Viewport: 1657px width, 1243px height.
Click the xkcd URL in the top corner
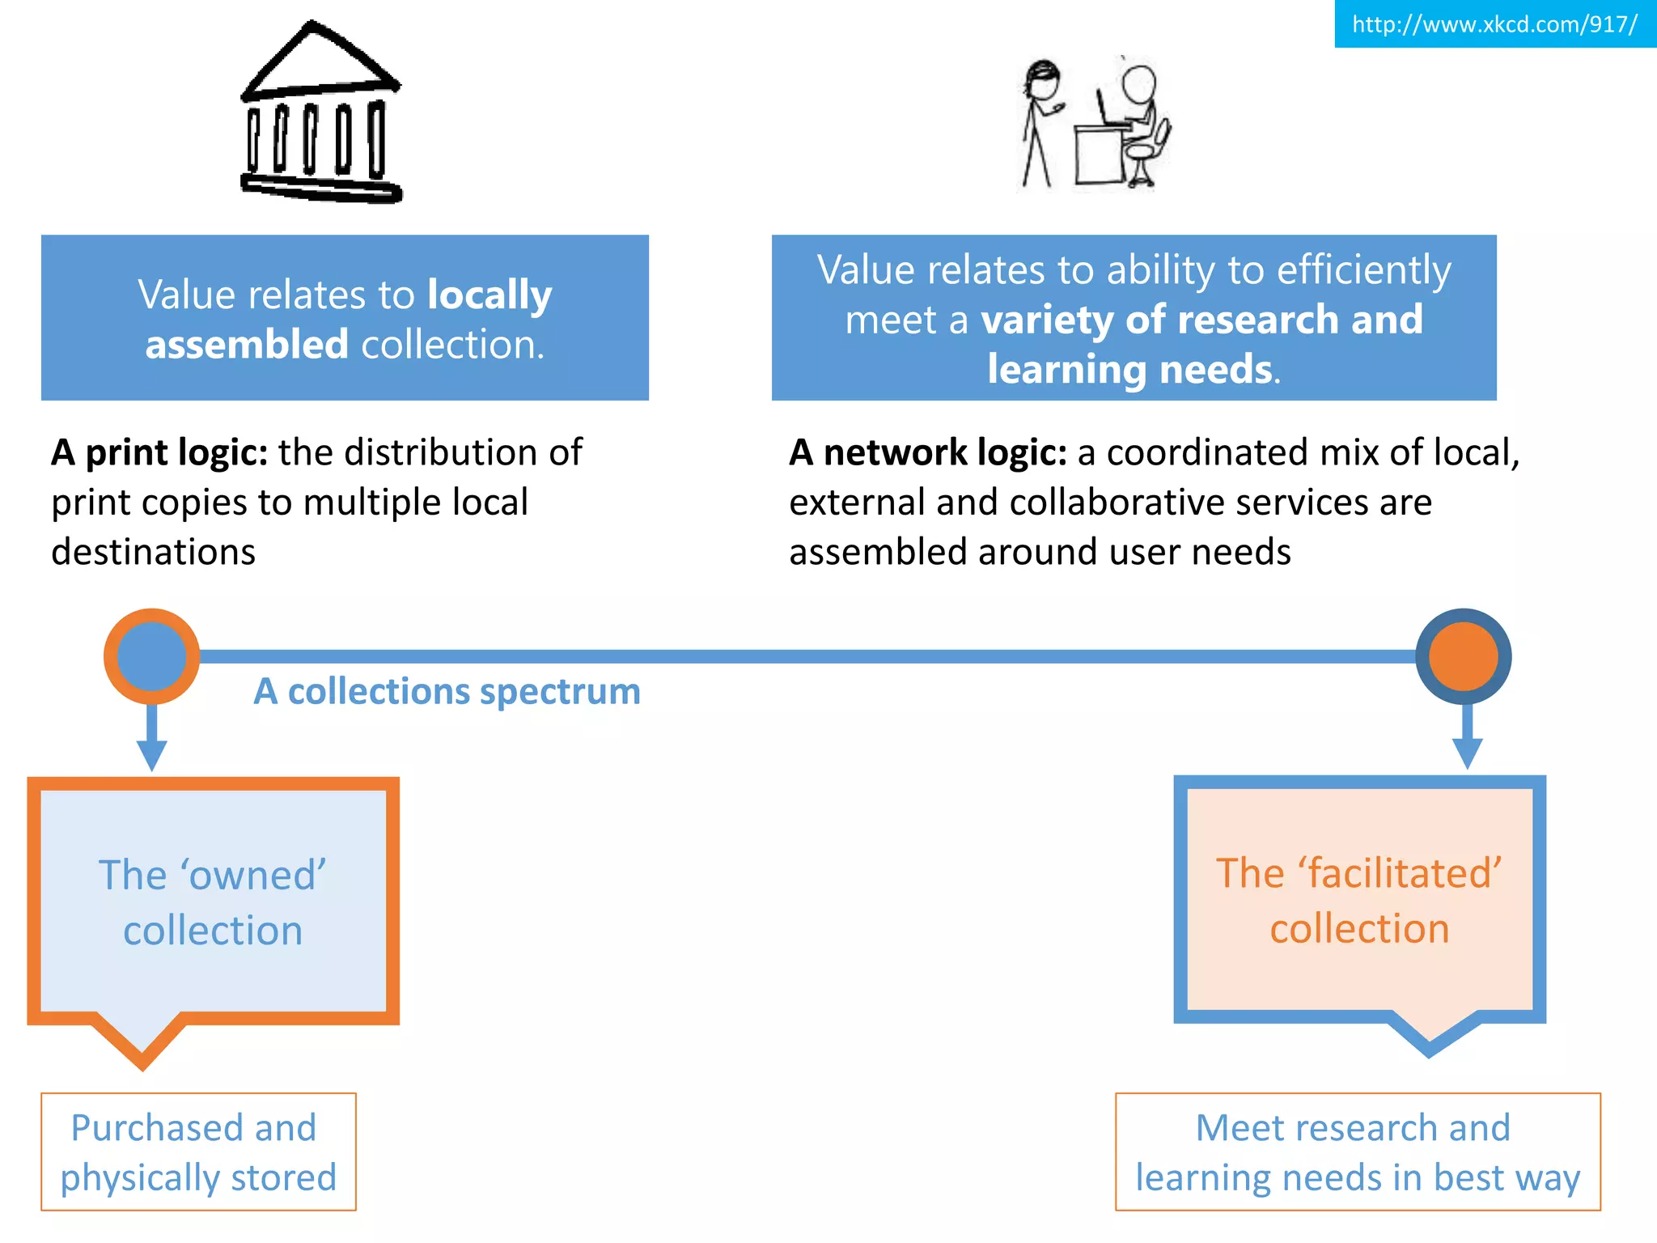pyautogui.click(x=1494, y=24)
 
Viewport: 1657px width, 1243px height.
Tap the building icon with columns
pyautogui.click(x=320, y=114)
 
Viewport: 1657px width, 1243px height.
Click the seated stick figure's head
pyautogui.click(x=1139, y=83)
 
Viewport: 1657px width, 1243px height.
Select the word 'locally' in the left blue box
pyautogui.click(x=489, y=295)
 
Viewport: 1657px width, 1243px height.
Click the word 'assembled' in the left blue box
pyautogui.click(x=247, y=345)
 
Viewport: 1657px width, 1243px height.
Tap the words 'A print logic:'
pyautogui.click(x=159, y=452)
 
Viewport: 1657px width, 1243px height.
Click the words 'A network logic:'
pyautogui.click(x=928, y=452)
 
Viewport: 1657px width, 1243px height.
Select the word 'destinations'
pyautogui.click(x=153, y=552)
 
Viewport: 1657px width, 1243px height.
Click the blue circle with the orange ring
pyautogui.click(x=151, y=655)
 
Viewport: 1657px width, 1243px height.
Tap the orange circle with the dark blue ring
pyautogui.click(x=1463, y=655)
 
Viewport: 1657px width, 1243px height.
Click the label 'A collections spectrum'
pyautogui.click(x=447, y=692)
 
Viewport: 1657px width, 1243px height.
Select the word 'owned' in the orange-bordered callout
pyautogui.click(x=253, y=876)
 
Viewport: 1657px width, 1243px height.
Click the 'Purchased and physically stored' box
pyautogui.click(x=198, y=1152)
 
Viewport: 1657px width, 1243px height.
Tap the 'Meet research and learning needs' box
pyautogui.click(x=1357, y=1152)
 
